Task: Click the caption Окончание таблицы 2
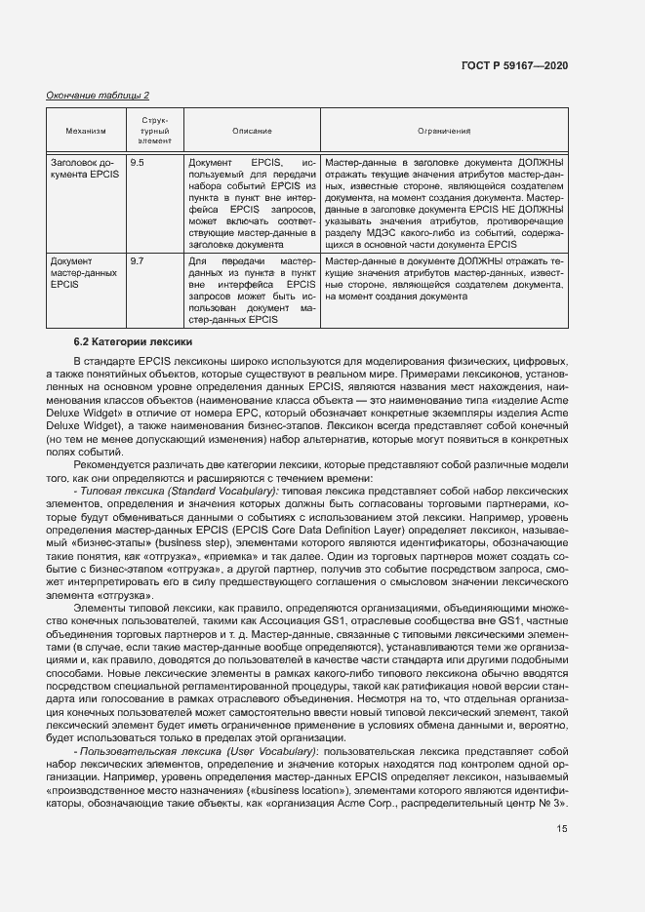(98, 96)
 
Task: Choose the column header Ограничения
(443, 130)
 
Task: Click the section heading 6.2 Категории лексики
(134, 342)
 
